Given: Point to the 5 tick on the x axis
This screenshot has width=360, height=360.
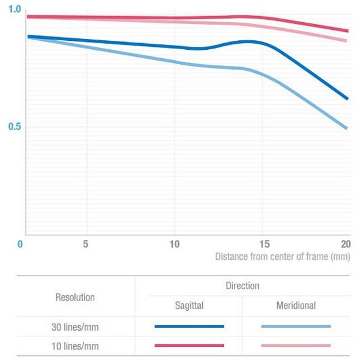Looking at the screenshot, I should click(86, 244).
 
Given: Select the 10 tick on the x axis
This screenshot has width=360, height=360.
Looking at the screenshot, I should click(174, 244).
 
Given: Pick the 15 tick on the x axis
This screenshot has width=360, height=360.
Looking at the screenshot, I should click(263, 244).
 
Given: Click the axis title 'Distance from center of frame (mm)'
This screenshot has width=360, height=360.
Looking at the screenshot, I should click(282, 257).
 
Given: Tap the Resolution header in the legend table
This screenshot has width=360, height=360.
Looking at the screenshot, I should click(75, 297).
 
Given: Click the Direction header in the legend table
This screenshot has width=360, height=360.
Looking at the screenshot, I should click(242, 286).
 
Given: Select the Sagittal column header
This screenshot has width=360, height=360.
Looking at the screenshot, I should click(189, 306).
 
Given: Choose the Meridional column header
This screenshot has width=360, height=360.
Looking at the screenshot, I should click(296, 306).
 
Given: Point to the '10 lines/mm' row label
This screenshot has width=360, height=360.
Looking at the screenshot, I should click(75, 346).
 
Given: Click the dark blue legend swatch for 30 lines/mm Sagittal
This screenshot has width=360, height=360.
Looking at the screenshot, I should click(189, 326).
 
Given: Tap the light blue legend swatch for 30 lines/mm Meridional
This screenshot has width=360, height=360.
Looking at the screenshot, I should click(296, 326).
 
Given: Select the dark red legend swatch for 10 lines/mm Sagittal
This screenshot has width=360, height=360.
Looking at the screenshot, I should click(189, 346).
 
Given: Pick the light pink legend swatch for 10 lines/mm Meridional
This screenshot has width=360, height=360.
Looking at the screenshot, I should click(296, 346).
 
